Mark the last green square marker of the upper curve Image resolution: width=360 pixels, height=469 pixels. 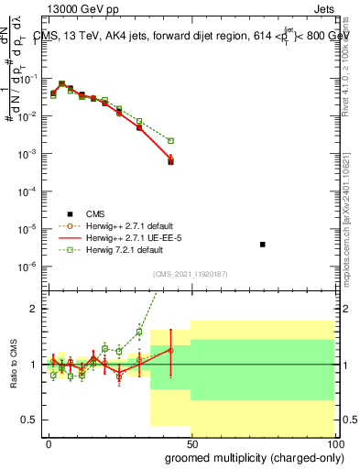coord(170,141)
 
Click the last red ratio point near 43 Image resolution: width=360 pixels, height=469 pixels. coord(170,350)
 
